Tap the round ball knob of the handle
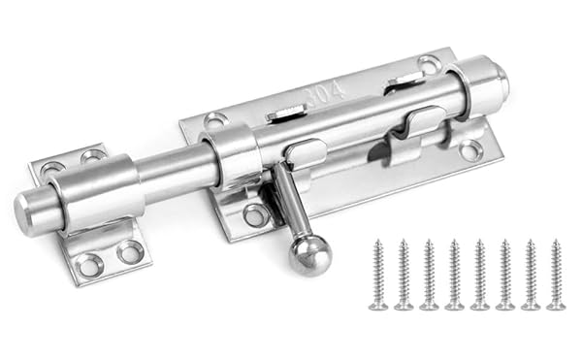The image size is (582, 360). point(310,256)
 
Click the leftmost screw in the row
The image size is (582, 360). point(378,274)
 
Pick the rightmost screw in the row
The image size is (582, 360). point(556,274)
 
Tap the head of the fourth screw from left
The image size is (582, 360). point(454,305)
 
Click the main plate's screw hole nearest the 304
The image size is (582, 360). point(216,120)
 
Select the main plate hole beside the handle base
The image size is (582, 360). point(256,215)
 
